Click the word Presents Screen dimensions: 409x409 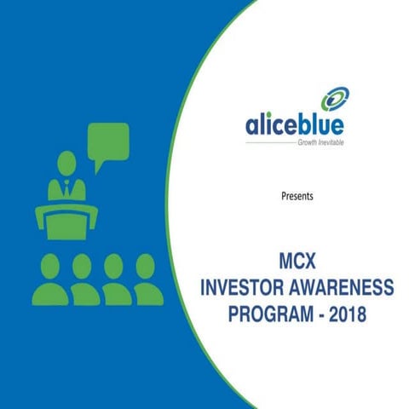pyautogui.click(x=297, y=196)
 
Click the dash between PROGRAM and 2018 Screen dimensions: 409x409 pyautogui.click(x=319, y=313)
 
